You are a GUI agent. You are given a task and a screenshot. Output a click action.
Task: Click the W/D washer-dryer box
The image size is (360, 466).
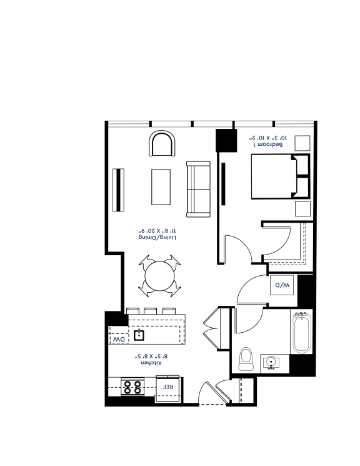coord(282,285)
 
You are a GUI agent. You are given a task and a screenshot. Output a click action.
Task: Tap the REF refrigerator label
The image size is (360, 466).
coord(168,387)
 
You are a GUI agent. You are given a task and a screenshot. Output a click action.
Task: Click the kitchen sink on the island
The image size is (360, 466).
coord(139,335)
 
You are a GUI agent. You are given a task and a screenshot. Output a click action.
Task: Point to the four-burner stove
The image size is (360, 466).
coord(132,387)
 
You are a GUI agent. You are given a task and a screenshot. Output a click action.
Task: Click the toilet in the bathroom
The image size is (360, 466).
coord(246,359)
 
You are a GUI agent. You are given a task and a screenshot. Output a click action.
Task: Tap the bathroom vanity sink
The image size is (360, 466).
coord(271,363)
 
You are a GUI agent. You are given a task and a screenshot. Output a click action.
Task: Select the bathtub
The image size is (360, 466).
coord(302,332)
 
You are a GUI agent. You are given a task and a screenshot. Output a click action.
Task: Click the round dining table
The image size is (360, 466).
coord(159,276)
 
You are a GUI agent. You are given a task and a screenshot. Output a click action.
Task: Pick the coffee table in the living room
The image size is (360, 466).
coord(161,187)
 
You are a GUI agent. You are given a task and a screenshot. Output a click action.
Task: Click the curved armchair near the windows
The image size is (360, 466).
coord(162,143)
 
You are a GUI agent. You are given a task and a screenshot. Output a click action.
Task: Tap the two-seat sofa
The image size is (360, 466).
coord(198,189)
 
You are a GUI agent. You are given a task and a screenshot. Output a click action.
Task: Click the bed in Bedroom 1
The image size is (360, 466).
coord(281,176)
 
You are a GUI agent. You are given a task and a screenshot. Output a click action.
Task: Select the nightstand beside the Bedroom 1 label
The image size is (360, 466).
coord(302,143)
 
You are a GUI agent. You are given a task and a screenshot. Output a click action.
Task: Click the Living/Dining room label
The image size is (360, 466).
coord(157,238)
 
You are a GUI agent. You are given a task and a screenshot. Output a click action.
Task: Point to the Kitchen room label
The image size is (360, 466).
coord(151,363)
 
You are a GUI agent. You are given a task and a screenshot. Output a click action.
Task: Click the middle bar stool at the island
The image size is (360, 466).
coord(150,311)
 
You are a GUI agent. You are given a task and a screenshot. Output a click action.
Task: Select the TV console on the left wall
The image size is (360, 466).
coord(119,190)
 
